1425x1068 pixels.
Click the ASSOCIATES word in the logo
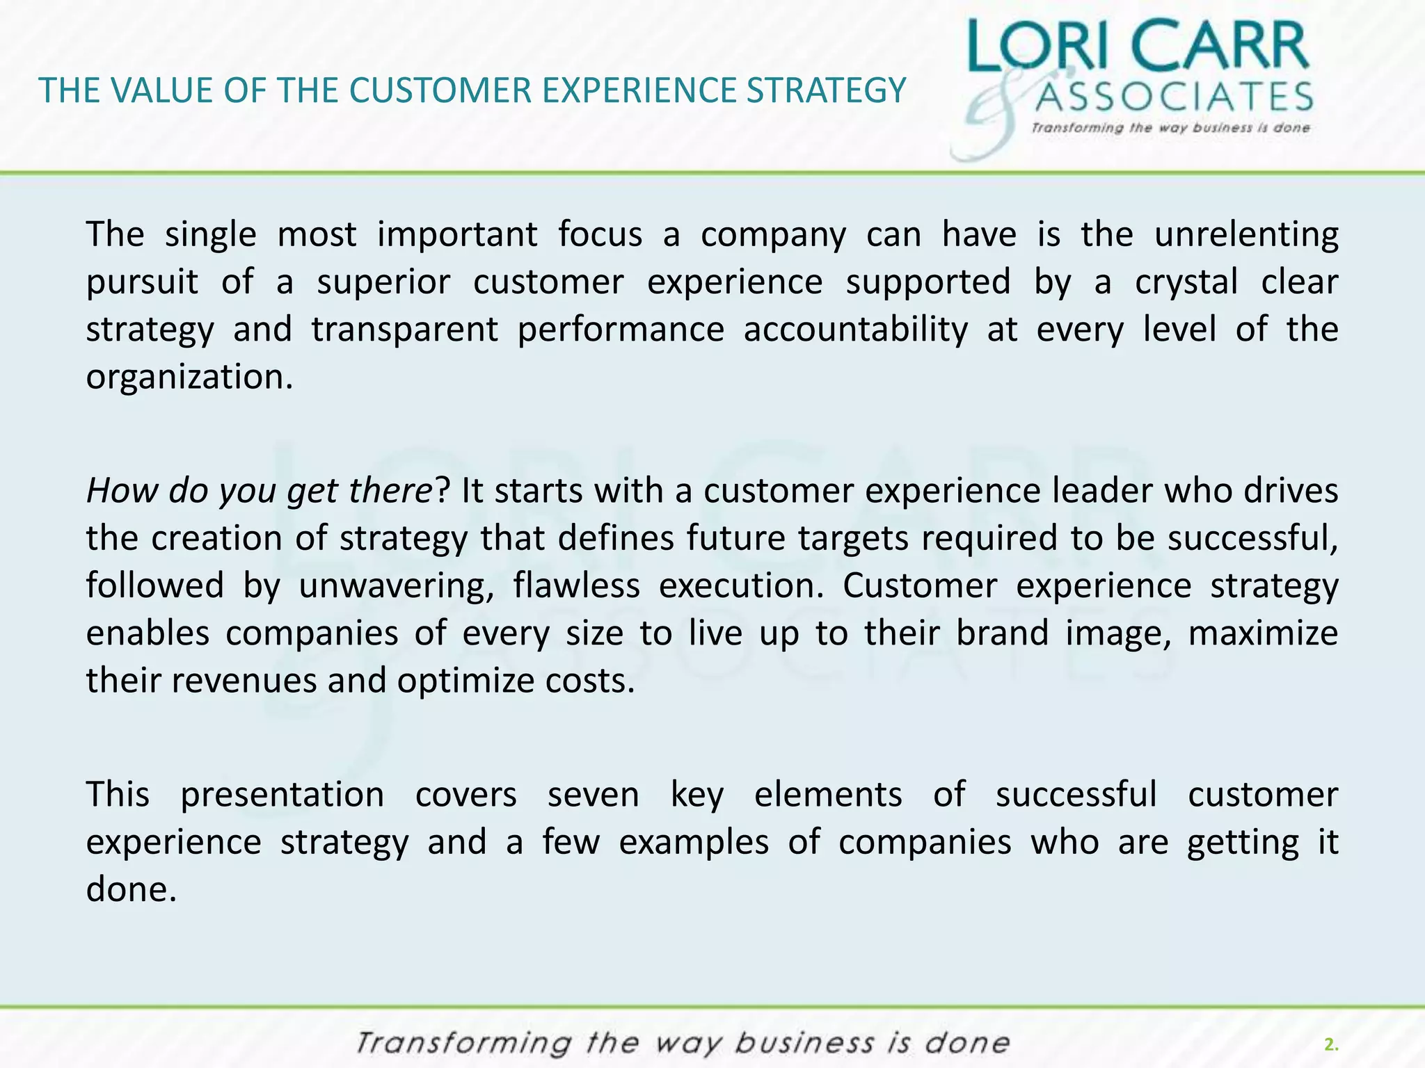(1174, 97)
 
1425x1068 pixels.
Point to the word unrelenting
(1246, 234)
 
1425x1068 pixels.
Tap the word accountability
(855, 330)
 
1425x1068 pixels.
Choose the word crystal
(1186, 282)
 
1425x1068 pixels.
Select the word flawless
(576, 585)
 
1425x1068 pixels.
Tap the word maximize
(1262, 633)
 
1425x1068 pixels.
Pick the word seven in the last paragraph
(593, 795)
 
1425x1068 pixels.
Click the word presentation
(282, 795)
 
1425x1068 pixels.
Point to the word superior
(383, 282)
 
